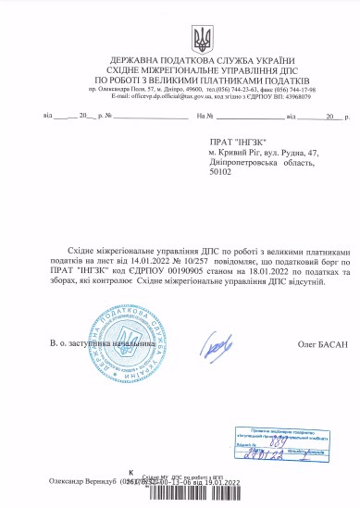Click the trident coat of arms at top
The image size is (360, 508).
pos(200,39)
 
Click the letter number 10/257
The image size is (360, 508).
pos(181,261)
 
